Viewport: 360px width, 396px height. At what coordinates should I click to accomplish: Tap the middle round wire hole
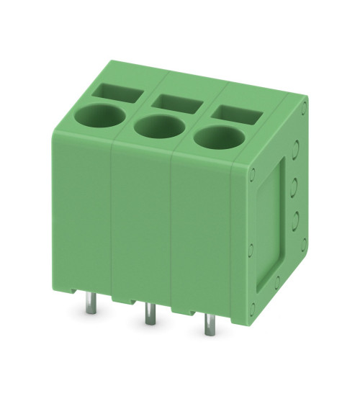[157, 127]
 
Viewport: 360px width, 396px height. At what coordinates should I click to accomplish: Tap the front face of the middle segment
[141, 223]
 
